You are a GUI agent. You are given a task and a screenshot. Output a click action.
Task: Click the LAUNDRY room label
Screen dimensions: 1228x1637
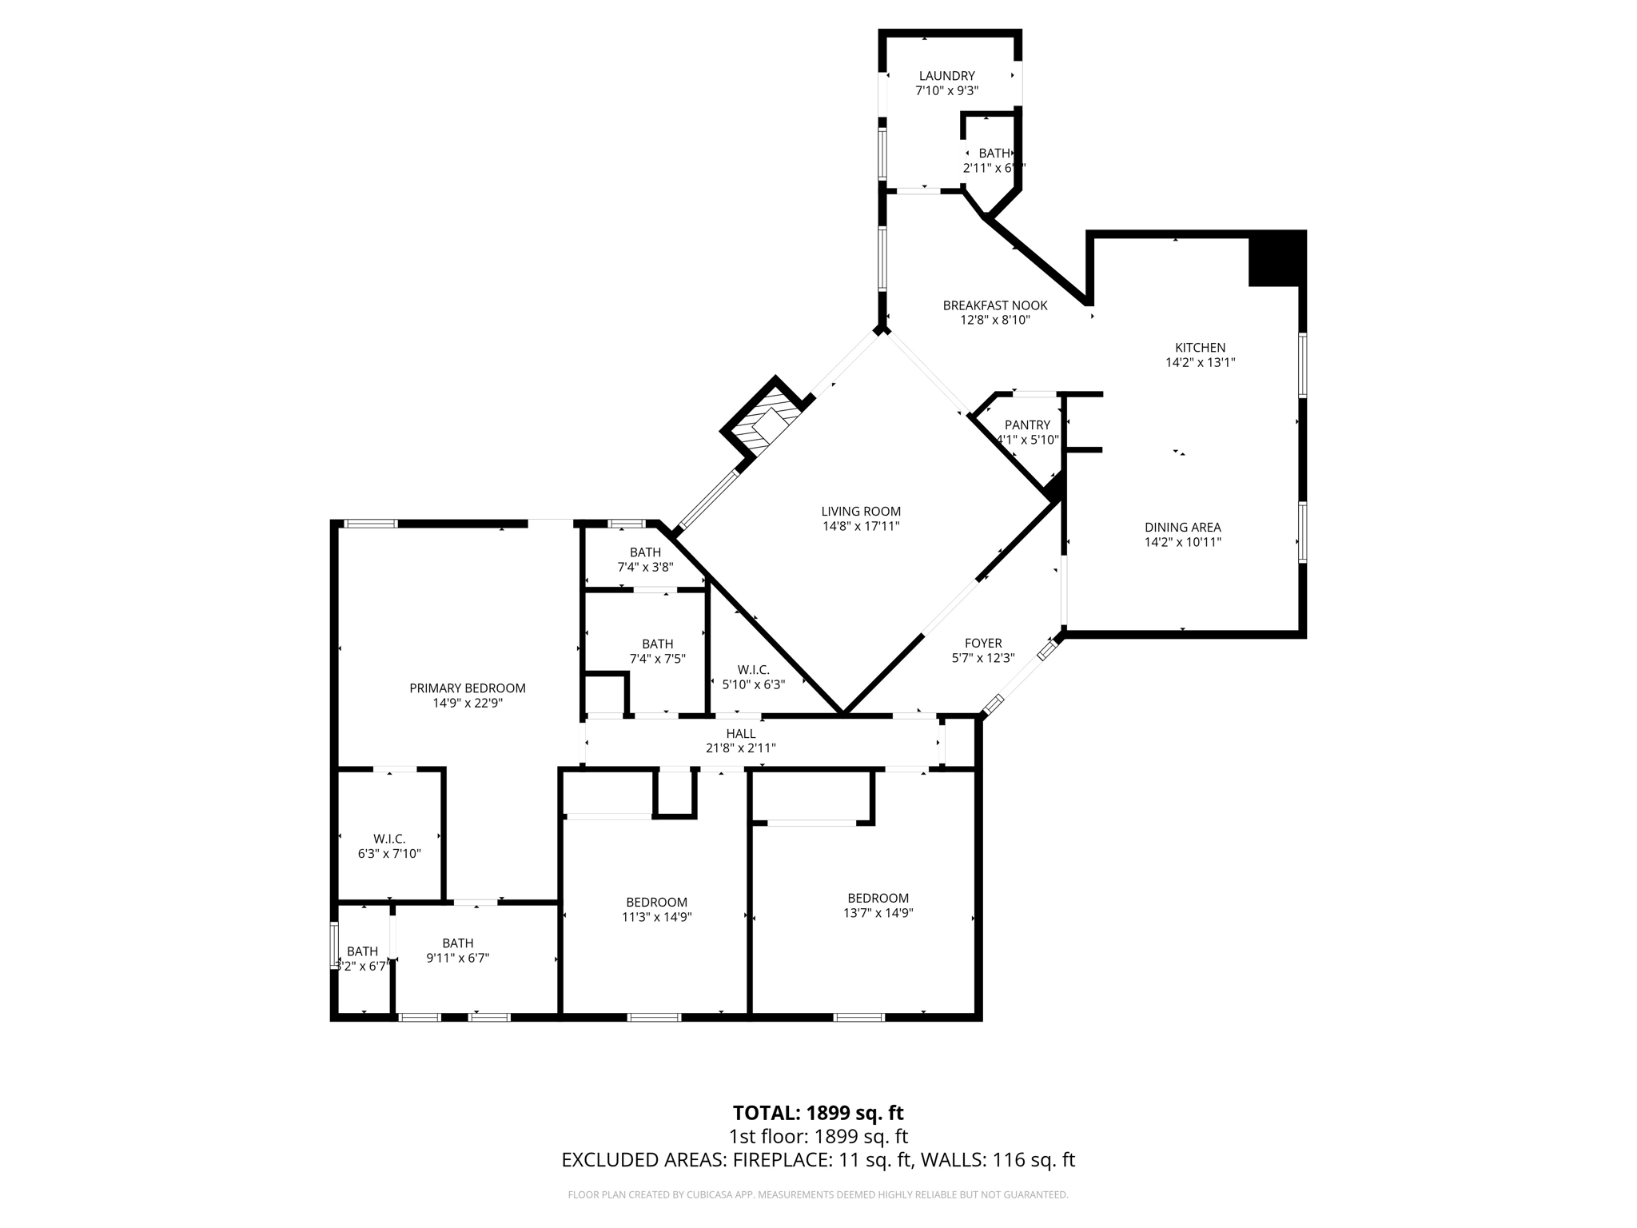pos(946,76)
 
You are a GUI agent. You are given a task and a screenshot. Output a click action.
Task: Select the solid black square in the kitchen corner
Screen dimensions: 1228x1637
pos(1276,258)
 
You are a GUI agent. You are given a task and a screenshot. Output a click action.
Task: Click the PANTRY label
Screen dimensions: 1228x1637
pos(1027,425)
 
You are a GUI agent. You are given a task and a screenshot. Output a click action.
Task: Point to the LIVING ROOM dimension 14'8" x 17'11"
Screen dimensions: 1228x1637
pos(861,526)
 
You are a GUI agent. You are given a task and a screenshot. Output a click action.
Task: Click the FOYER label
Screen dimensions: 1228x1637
pos(982,643)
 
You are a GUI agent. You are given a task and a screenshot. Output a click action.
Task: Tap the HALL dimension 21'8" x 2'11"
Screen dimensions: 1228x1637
pos(740,748)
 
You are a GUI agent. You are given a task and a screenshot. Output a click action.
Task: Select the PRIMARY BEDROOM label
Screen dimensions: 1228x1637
pos(467,688)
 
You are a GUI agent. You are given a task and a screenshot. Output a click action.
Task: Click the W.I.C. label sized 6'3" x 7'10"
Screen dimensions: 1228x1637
pos(389,839)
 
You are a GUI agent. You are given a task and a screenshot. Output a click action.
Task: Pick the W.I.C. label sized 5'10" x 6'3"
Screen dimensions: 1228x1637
pos(753,669)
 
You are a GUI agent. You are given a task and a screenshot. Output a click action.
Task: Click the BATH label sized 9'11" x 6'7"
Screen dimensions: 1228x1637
pos(457,943)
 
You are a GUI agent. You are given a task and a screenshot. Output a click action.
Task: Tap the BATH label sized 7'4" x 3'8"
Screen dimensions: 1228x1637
pos(645,552)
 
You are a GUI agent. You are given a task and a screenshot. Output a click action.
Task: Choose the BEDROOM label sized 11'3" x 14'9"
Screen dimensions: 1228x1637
pos(656,902)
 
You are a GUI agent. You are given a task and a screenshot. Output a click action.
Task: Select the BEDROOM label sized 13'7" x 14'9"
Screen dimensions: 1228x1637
pos(878,898)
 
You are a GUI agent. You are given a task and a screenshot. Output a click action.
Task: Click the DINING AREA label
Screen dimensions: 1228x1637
pos(1182,527)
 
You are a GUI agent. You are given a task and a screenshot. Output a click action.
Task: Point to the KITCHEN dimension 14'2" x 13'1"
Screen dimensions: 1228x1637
pos(1200,362)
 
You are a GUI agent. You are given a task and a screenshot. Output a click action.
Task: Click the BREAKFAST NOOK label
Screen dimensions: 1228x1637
pos(994,305)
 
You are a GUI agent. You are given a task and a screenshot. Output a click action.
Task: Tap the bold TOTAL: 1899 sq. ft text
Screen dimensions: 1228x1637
pos(818,1113)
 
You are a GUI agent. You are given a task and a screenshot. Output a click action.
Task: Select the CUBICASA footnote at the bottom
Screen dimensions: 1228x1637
pos(818,1194)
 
